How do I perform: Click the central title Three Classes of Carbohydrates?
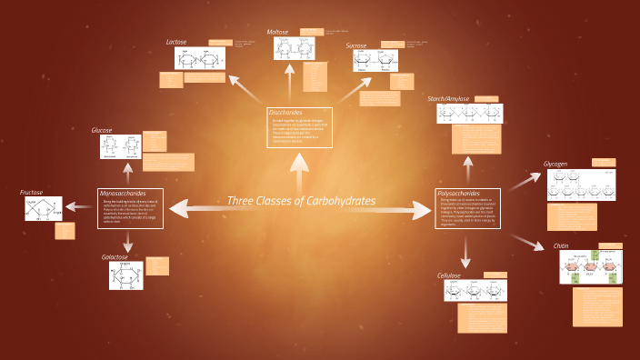point(300,201)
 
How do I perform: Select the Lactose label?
point(176,42)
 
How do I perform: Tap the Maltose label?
point(278,32)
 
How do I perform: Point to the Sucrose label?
point(356,45)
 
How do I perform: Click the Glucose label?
point(102,130)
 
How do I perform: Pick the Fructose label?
point(32,192)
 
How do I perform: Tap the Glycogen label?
point(555,164)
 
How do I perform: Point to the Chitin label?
point(561,245)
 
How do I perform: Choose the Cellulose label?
point(449,275)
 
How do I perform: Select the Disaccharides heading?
point(285,112)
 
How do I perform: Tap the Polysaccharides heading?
point(459,194)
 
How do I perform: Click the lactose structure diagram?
point(199,59)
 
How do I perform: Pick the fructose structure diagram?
point(44,209)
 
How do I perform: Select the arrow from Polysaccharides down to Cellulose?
point(465,249)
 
